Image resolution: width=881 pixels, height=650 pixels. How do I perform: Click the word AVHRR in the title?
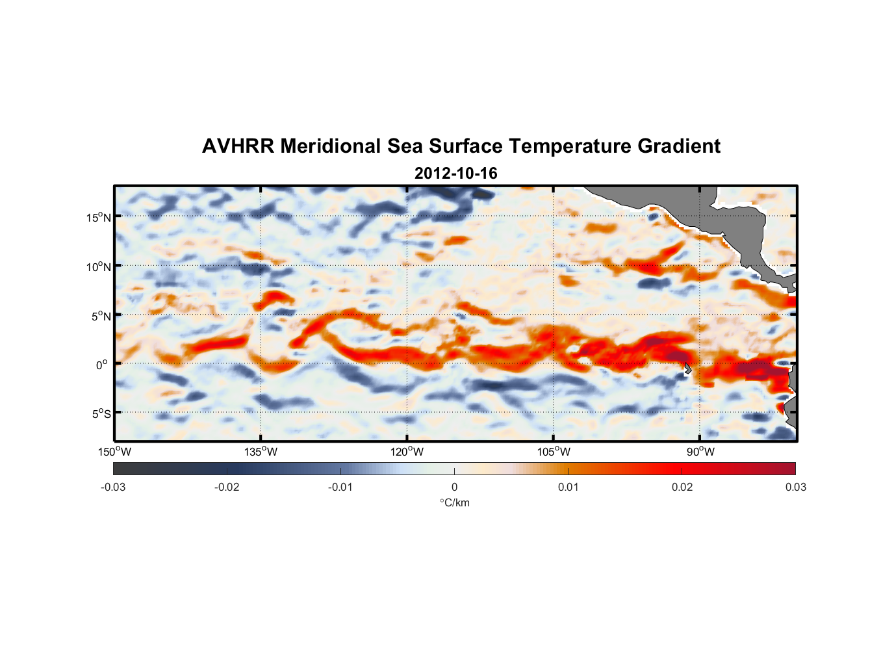click(237, 146)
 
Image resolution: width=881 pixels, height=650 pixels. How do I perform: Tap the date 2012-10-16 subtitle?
click(455, 174)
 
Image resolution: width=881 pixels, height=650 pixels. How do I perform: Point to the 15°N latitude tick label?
click(99, 217)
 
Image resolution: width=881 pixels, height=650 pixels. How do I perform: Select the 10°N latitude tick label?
click(99, 266)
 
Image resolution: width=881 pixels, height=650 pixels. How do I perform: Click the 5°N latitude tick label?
click(101, 316)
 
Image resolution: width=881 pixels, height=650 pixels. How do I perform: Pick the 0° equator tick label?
click(102, 365)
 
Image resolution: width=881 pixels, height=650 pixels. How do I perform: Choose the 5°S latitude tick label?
click(101, 414)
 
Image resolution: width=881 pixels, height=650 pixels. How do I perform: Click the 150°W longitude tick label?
click(114, 452)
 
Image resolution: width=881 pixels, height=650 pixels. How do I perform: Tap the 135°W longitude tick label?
click(261, 452)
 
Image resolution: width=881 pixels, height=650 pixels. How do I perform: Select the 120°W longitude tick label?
click(407, 452)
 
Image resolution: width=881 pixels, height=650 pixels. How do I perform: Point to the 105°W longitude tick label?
click(554, 452)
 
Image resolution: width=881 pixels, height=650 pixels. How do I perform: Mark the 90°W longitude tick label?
click(700, 452)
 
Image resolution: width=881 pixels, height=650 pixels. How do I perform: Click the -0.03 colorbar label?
click(113, 487)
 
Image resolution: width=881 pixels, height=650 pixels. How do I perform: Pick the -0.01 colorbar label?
click(340, 487)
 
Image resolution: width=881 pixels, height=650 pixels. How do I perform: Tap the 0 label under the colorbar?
click(454, 487)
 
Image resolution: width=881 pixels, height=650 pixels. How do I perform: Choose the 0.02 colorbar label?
click(682, 487)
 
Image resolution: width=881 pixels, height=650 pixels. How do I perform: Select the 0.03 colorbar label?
click(795, 487)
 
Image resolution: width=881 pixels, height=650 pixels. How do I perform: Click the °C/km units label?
click(455, 502)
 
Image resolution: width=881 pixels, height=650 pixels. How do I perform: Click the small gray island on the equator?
click(687, 368)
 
